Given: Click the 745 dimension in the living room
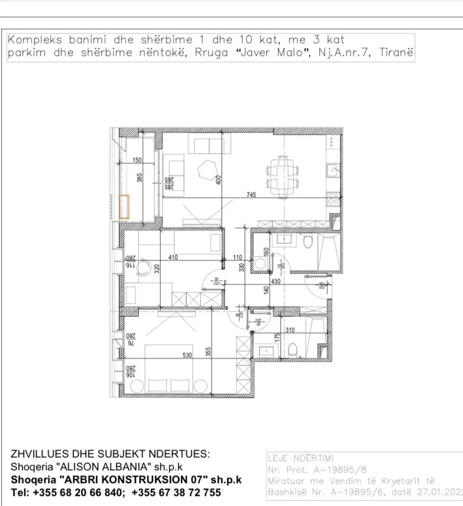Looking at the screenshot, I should [252, 195].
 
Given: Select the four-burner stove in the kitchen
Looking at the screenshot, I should [334, 197].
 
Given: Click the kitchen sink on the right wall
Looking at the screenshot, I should [333, 169].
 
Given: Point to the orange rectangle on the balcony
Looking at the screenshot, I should [124, 206].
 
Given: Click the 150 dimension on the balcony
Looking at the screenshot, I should [137, 160].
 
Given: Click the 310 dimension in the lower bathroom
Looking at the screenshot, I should [289, 330].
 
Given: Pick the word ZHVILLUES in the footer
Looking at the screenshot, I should [36, 453].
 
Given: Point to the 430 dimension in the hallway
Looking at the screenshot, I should [276, 282].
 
